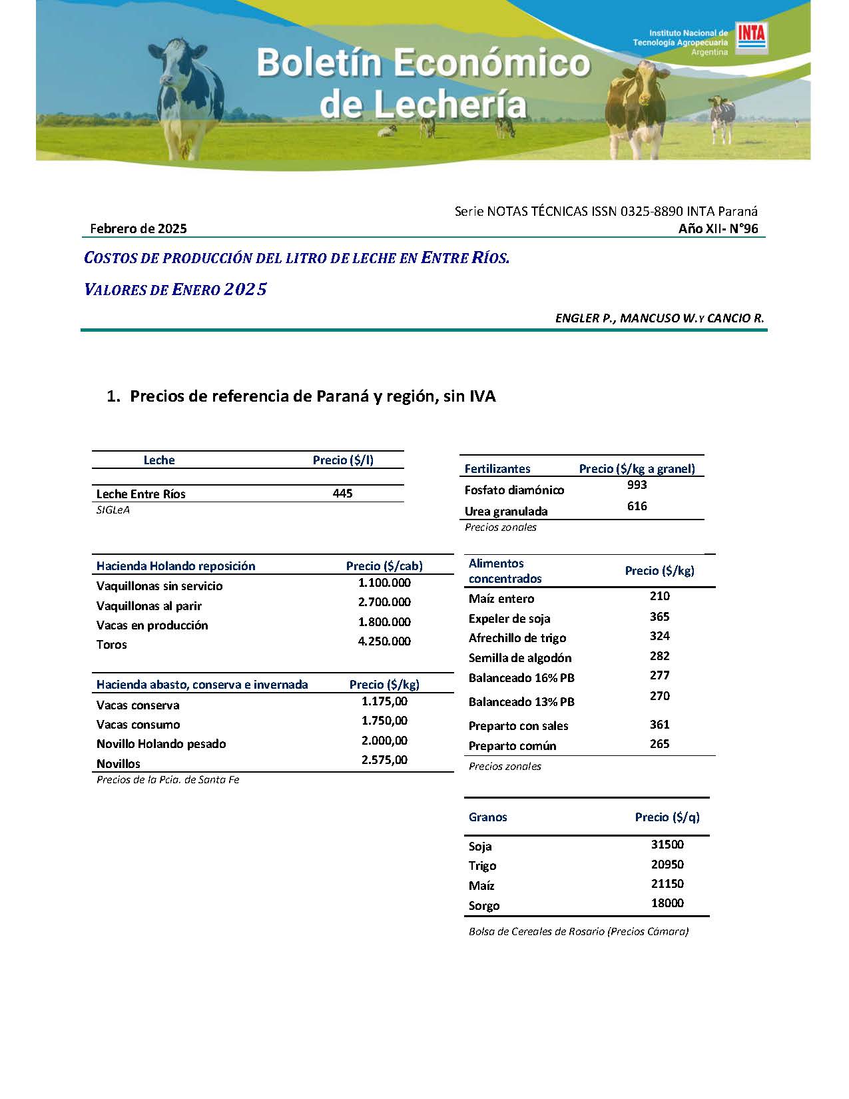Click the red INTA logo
[x=751, y=38]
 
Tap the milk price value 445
[x=342, y=494]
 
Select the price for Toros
[x=384, y=641]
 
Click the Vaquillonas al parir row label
[x=148, y=606]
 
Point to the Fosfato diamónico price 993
[x=637, y=485]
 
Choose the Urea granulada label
[x=506, y=512]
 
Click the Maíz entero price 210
[x=659, y=596]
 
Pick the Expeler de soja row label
[x=509, y=619]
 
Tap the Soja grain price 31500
[x=667, y=845]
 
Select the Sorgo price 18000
[x=667, y=903]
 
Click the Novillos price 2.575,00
[x=384, y=760]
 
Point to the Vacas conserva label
[x=138, y=705]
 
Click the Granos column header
[x=487, y=817]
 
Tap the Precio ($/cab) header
[x=384, y=566]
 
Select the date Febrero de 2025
[x=139, y=228]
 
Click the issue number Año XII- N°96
[x=718, y=228]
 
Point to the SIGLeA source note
[x=113, y=510]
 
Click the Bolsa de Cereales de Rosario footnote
[x=578, y=932]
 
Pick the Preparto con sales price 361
[x=659, y=725]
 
